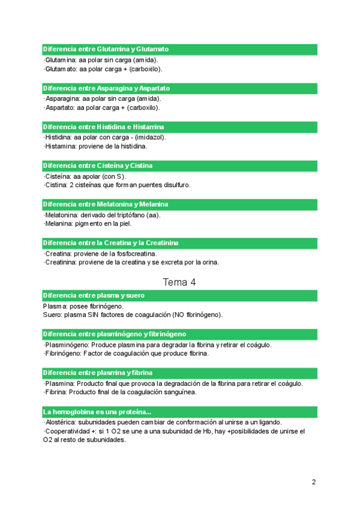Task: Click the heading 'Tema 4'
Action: (179, 282)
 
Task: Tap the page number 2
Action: (314, 482)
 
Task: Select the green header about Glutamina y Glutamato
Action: (179, 49)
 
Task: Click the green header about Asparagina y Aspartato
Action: (179, 88)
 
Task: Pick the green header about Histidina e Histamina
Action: (179, 127)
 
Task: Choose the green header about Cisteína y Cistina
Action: (179, 166)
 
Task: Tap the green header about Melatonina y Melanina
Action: (179, 204)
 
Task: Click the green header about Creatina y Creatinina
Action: (179, 243)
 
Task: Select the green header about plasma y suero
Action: (179, 296)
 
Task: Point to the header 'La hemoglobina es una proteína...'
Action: (179, 412)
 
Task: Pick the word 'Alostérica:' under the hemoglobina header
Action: (61, 422)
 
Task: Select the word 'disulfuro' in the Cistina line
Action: (176, 185)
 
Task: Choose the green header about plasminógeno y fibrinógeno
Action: (179, 334)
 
